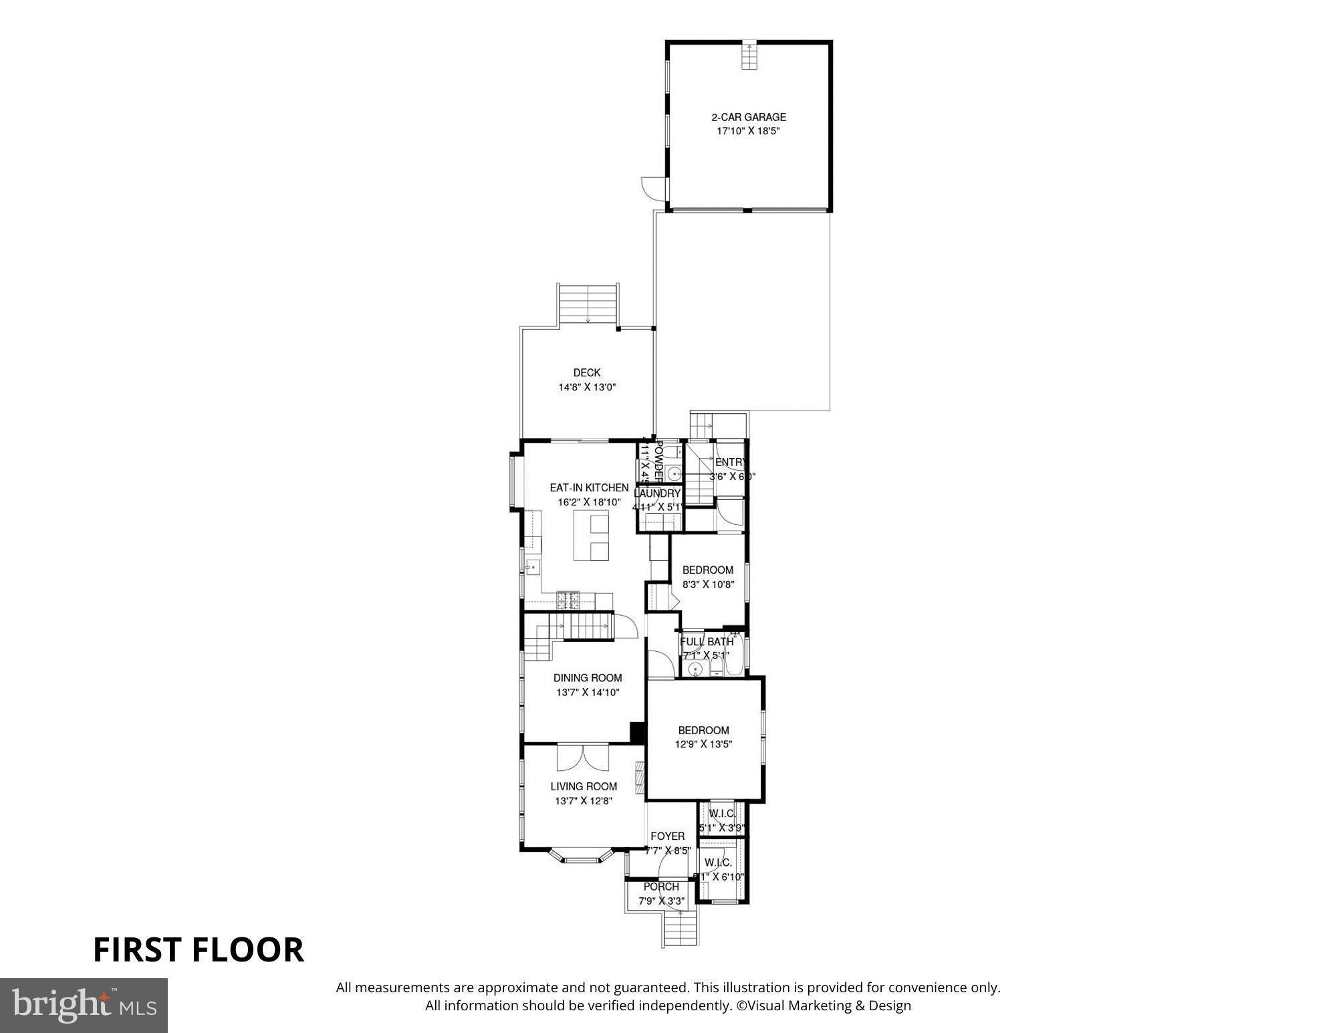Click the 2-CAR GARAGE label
(748, 117)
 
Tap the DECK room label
(586, 373)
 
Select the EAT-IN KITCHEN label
(589, 488)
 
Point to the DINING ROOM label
(588, 678)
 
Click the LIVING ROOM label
(584, 787)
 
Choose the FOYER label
(667, 836)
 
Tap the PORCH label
(661, 887)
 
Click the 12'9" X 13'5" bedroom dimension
(703, 744)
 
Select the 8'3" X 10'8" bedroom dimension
(708, 584)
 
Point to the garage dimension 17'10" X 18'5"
(748, 132)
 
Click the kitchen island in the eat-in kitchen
(592, 536)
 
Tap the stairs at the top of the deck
(588, 305)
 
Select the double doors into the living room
(583, 758)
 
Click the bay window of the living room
(581, 856)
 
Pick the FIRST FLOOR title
(198, 950)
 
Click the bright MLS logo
(84, 1006)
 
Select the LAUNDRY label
(657, 493)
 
